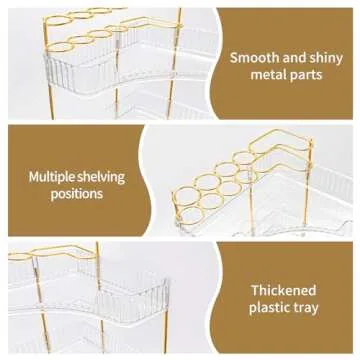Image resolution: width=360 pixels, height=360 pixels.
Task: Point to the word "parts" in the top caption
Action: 306,75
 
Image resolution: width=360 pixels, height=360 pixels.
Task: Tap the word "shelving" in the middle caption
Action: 101,177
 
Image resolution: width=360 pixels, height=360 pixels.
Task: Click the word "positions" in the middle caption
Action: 77,194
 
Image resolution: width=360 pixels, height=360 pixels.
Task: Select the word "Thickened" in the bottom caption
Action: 283,290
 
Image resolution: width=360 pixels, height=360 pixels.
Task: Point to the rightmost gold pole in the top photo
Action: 175,63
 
